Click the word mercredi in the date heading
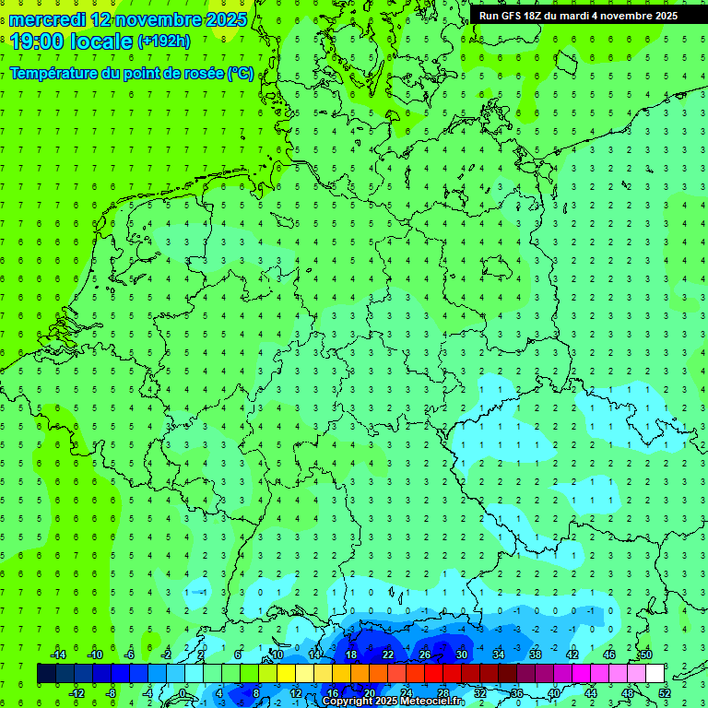[x=48, y=19]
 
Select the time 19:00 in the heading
[x=36, y=41]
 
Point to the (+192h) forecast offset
[x=164, y=41]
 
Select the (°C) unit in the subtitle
[x=240, y=73]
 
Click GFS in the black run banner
[x=514, y=15]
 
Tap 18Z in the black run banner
[x=541, y=15]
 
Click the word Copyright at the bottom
[x=348, y=702]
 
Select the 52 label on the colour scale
[x=665, y=693]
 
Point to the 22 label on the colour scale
[x=388, y=655]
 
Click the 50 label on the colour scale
[x=646, y=655]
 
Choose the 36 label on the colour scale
[x=517, y=693]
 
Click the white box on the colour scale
[x=655, y=674]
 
